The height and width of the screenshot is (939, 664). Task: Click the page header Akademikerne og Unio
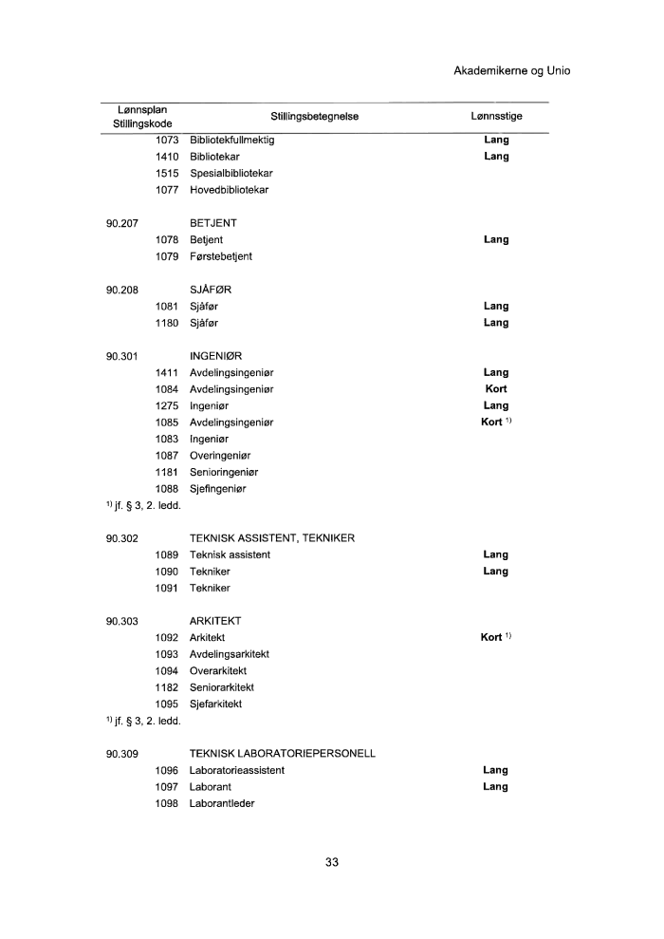pos(512,70)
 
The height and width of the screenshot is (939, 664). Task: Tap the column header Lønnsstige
pos(496,116)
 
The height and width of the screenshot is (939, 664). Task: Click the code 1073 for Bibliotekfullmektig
pos(167,140)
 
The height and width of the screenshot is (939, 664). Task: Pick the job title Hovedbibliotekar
pos(229,190)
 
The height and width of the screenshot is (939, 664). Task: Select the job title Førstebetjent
pos(221,256)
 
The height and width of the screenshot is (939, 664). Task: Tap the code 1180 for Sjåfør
pos(167,323)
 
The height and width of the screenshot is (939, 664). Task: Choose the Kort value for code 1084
pos(495,389)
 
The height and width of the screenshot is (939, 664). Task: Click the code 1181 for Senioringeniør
pos(167,472)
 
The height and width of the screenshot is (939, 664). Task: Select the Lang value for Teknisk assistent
pos(495,554)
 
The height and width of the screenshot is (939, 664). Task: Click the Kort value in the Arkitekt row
pos(491,637)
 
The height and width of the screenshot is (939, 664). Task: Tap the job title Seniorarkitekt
pos(222,687)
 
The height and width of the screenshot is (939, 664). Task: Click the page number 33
pos(332,862)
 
